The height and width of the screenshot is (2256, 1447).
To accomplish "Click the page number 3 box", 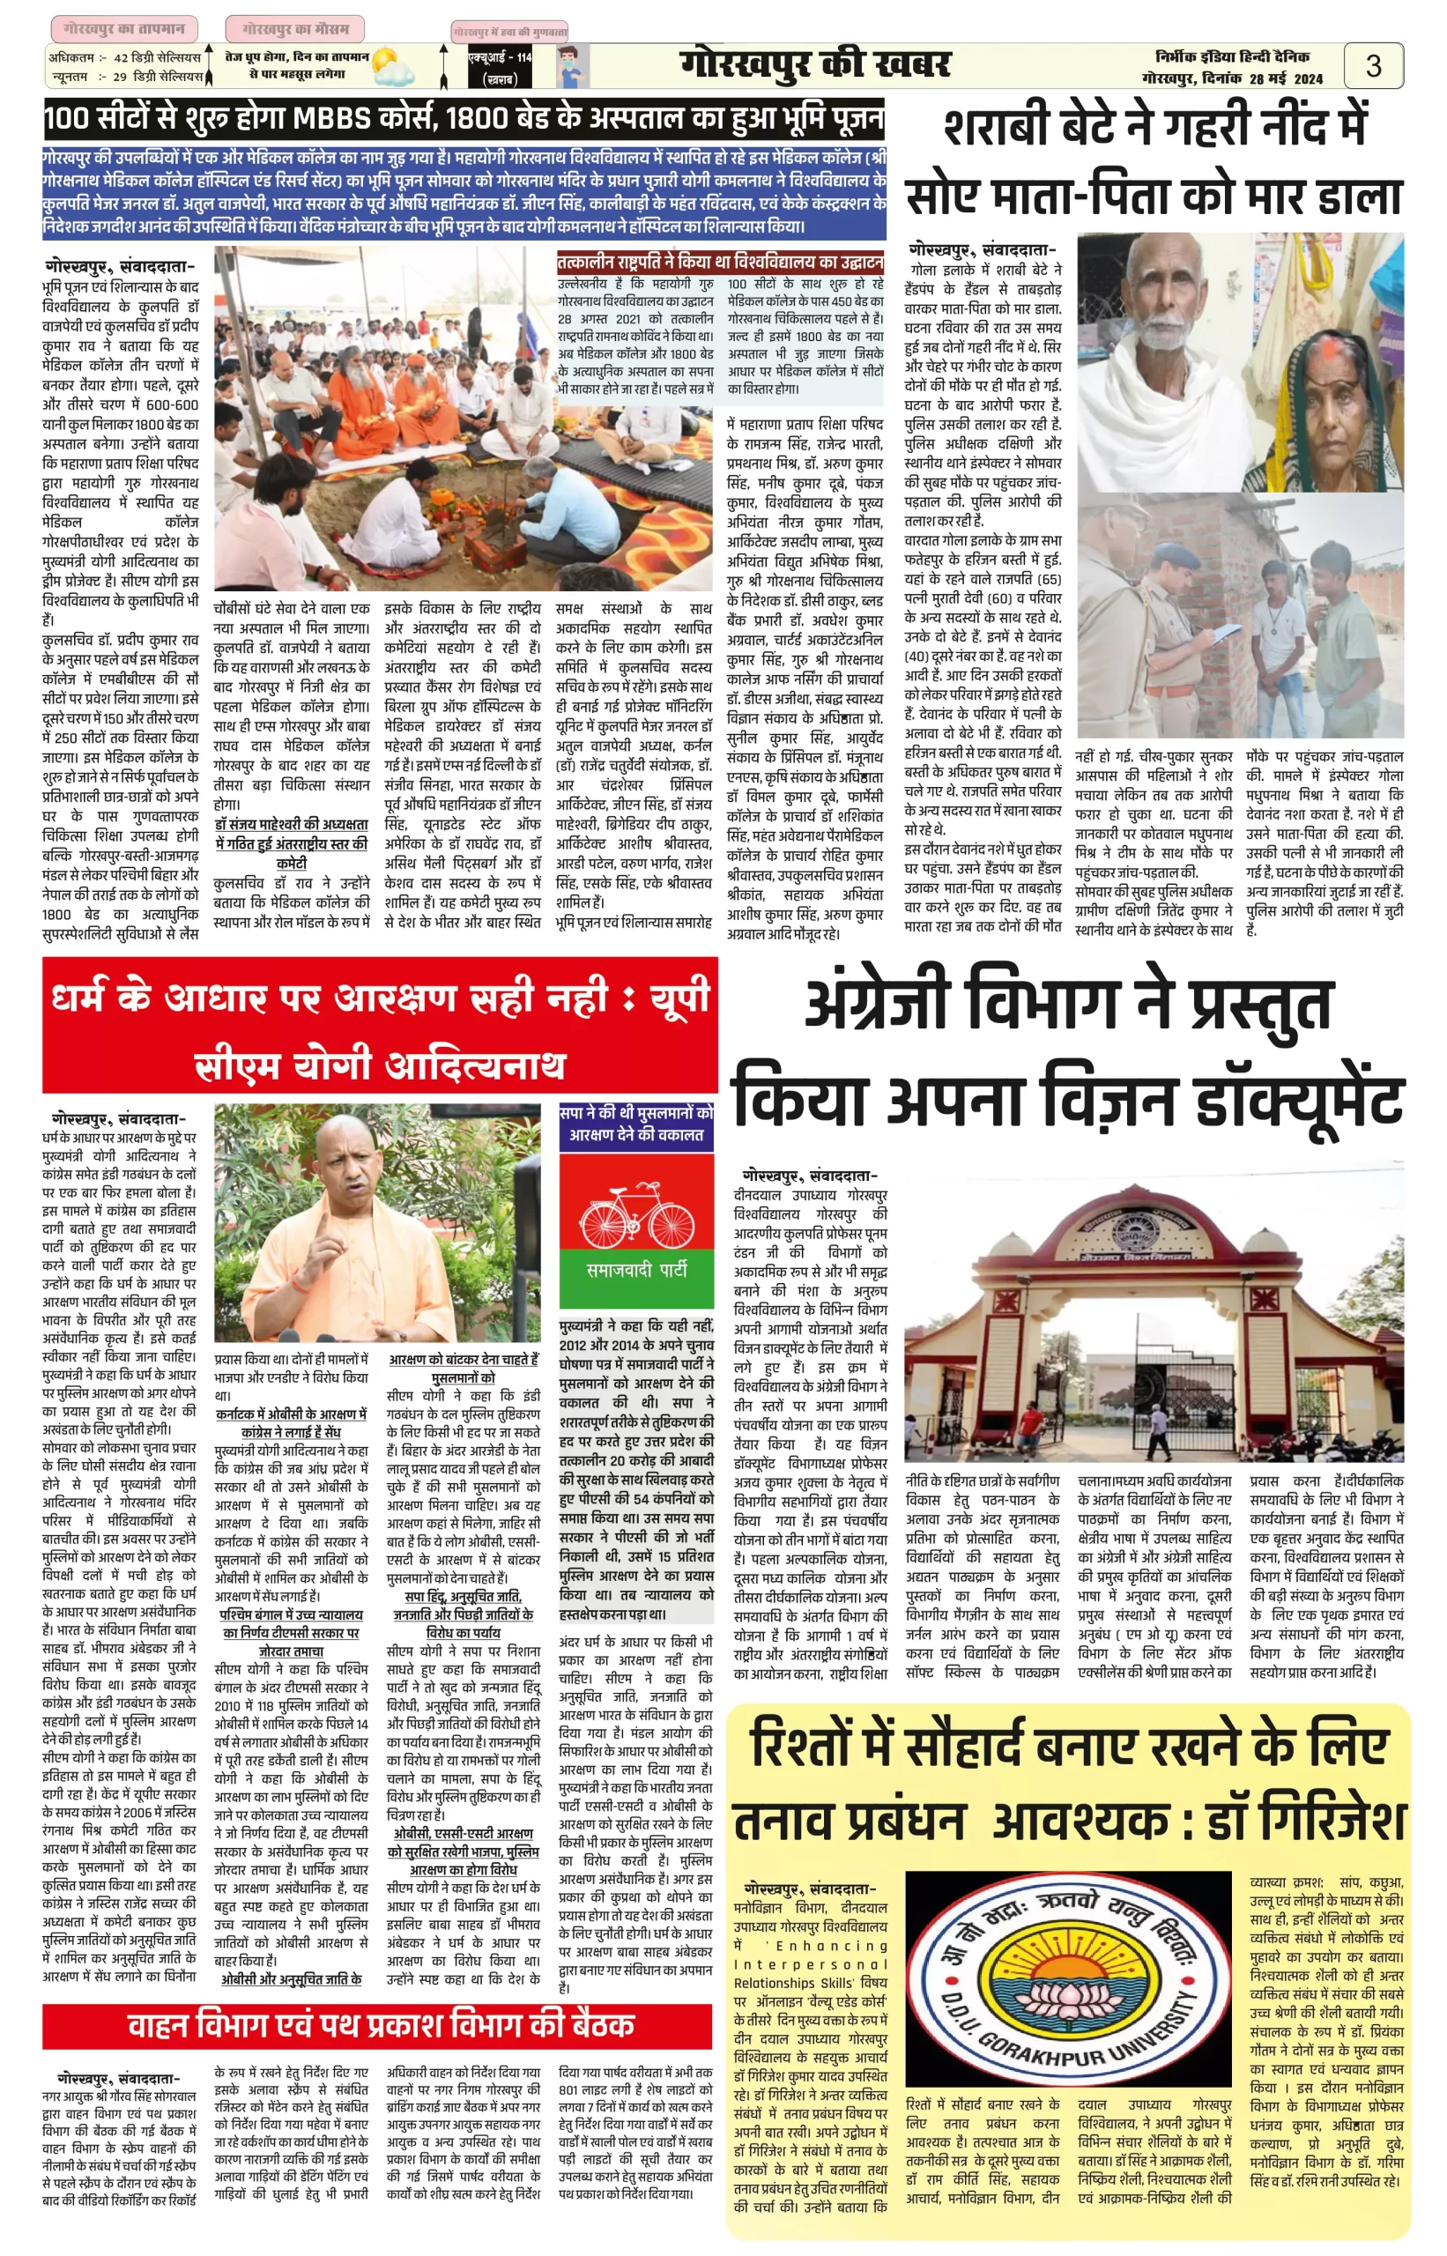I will coord(1373,66).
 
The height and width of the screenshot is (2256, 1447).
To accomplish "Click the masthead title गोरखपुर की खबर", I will coord(814,65).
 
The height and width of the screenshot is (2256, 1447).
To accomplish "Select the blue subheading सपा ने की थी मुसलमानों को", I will coord(636,1113).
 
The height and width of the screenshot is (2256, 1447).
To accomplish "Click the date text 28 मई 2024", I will coord(1286,79).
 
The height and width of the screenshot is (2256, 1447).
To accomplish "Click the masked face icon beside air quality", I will coord(569,67).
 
